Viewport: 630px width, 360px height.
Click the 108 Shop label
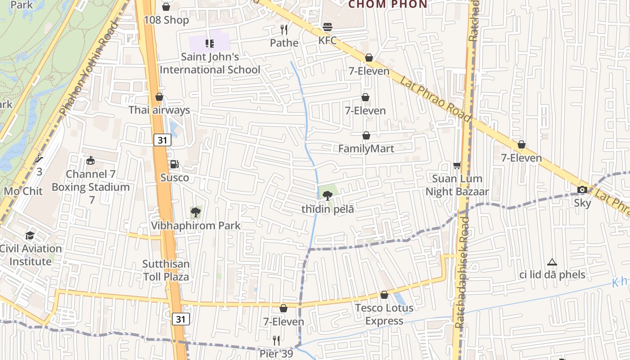pyautogui.click(x=166, y=20)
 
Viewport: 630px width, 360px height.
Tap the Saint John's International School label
pyautogui.click(x=210, y=63)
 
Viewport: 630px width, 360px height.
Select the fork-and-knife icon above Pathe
pyautogui.click(x=284, y=30)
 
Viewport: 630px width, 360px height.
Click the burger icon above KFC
pyautogui.click(x=328, y=27)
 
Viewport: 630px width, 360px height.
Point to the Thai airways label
pyautogui.click(x=159, y=110)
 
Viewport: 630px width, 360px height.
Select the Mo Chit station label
pyautogui.click(x=23, y=191)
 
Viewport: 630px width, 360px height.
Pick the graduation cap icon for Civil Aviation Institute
pyautogui.click(x=30, y=235)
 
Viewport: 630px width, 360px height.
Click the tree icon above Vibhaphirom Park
pyautogui.click(x=195, y=212)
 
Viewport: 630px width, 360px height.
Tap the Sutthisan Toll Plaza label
pyautogui.click(x=166, y=270)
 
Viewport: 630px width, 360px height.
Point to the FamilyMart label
pyautogui.click(x=366, y=149)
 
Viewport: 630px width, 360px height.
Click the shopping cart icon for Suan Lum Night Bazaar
pyautogui.click(x=457, y=166)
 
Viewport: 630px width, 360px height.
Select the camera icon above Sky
pyautogui.click(x=582, y=189)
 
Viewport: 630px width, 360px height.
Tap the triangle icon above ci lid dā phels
pyautogui.click(x=552, y=262)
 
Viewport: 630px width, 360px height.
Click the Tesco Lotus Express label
pyautogui.click(x=384, y=314)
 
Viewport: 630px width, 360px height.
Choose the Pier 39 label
pyautogui.click(x=276, y=354)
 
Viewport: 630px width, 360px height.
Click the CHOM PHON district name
pyautogui.click(x=387, y=4)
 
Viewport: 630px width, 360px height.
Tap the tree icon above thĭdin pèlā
pyautogui.click(x=328, y=195)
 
